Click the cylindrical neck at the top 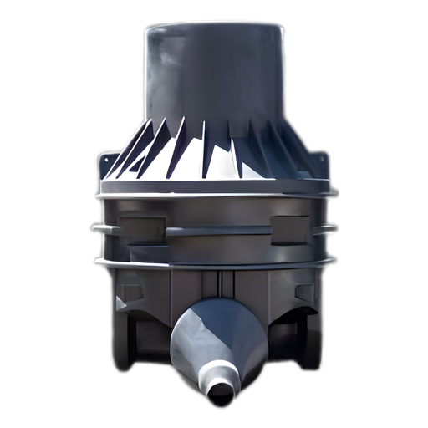[214, 75]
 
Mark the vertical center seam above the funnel [215, 284]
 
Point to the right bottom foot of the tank [309, 351]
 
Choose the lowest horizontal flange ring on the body [214, 264]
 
